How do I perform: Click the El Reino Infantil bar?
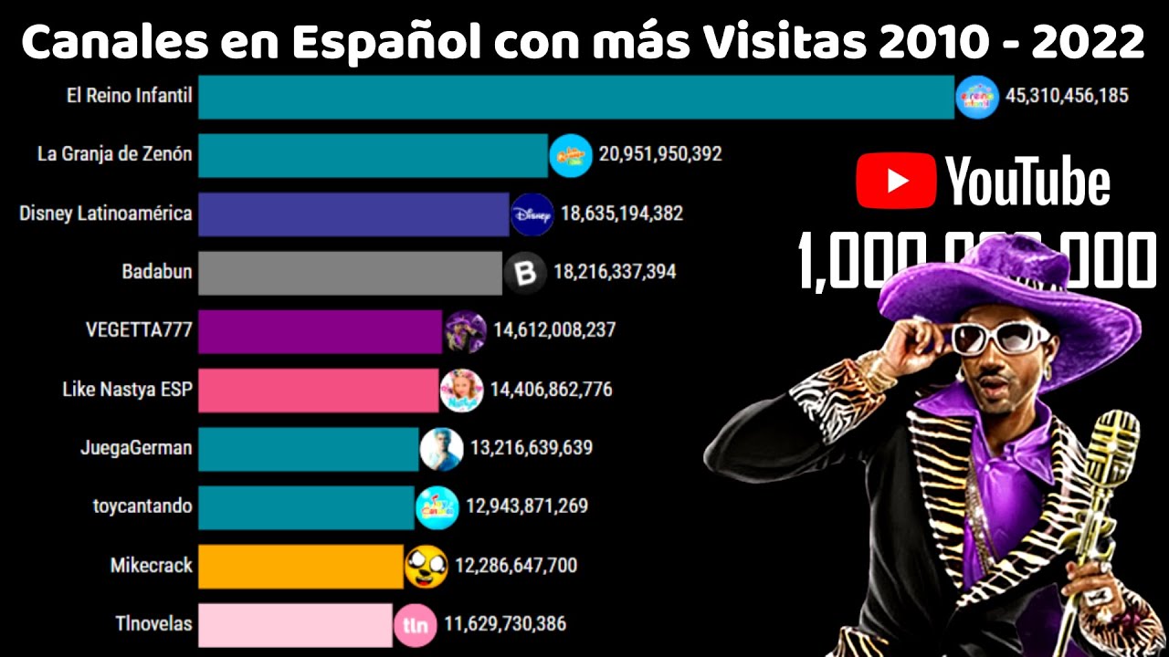coord(575,97)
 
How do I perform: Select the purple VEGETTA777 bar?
coord(321,331)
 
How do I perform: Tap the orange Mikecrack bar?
coord(300,566)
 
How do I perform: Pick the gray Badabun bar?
coord(350,273)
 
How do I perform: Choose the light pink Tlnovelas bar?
coord(295,624)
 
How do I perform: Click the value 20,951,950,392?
coord(660,154)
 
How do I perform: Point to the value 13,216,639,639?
coord(532,448)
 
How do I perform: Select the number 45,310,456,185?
coord(1067,95)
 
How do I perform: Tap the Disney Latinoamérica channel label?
coord(106,214)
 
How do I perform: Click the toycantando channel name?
coord(142,506)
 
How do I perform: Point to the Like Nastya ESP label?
coord(127,390)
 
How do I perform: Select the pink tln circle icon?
coord(415,625)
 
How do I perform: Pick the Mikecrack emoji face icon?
coord(427,567)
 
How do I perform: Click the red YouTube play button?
coord(896,181)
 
